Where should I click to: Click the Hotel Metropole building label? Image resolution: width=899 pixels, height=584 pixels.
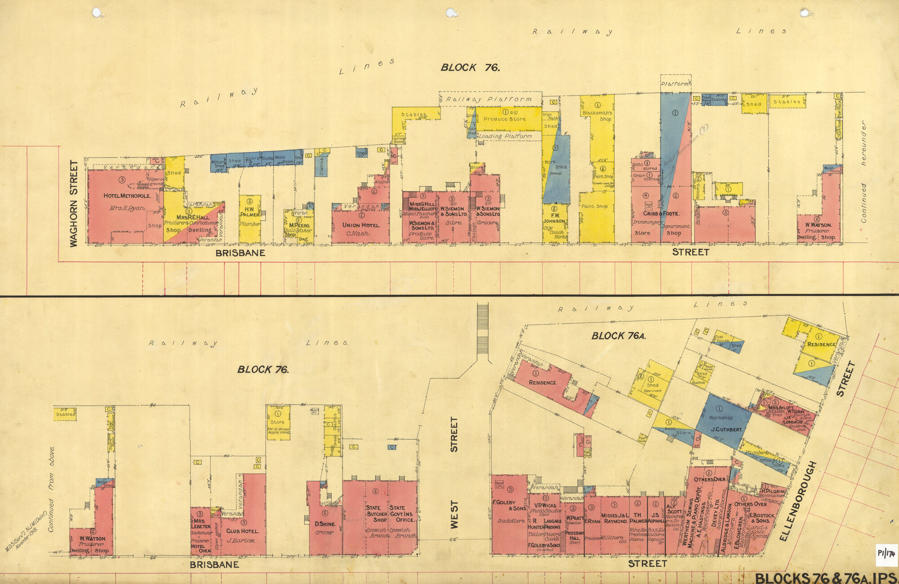click(x=127, y=196)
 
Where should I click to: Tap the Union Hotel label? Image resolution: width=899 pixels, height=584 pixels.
click(x=361, y=225)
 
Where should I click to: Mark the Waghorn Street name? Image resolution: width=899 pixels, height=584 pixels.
click(x=74, y=203)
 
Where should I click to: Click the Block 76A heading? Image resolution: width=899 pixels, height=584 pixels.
click(x=619, y=336)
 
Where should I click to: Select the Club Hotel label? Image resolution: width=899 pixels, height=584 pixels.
click(x=243, y=531)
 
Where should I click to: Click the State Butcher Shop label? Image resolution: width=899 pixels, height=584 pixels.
click(x=377, y=513)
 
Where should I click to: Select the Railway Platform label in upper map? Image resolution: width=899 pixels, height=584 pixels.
click(x=489, y=99)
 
